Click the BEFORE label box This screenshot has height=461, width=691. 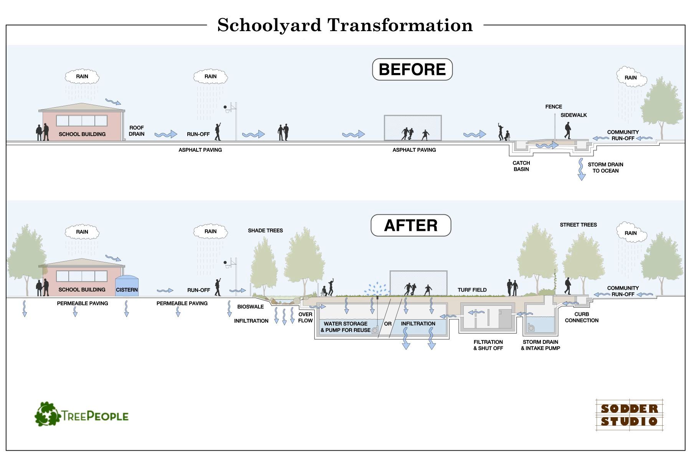412,70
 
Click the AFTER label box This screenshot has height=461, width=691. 411,226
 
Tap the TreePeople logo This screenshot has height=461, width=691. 82,415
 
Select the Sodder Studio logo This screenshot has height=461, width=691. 629,415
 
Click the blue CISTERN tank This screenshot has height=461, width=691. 127,286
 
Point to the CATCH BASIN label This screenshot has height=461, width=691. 521,166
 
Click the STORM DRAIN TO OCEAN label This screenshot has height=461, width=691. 605,167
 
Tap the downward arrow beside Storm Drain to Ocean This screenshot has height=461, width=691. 581,169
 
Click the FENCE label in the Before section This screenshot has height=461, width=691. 554,107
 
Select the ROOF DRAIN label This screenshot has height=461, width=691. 137,131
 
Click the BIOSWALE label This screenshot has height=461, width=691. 250,307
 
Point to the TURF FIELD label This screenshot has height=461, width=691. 472,290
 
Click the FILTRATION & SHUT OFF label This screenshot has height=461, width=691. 488,345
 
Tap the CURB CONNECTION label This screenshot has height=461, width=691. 582,317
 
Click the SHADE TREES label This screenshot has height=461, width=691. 265,230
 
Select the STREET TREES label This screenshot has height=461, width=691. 578,225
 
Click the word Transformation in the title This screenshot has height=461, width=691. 400,25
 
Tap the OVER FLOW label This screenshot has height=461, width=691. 306,317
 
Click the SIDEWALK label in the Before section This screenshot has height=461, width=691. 574,115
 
